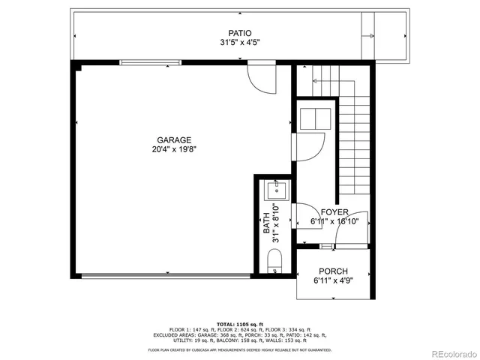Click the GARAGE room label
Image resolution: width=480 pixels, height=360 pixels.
[174, 139]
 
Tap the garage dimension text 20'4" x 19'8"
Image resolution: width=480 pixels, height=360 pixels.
[174, 149]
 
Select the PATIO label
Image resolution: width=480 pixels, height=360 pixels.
[240, 33]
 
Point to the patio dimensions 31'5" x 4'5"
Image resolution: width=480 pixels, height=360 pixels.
[240, 43]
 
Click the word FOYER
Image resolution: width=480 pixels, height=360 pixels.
[334, 212]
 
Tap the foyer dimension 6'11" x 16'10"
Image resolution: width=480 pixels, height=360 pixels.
[334, 221]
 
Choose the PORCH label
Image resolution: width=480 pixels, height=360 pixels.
[333, 271]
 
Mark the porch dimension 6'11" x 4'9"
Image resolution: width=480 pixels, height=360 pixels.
[333, 280]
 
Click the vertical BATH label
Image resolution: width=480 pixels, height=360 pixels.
[266, 224]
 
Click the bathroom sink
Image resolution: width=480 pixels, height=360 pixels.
[275, 191]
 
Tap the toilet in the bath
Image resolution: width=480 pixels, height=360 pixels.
[274, 262]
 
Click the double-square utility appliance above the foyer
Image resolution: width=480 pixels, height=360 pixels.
[314, 118]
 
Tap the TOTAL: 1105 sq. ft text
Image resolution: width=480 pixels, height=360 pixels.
[239, 322]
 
